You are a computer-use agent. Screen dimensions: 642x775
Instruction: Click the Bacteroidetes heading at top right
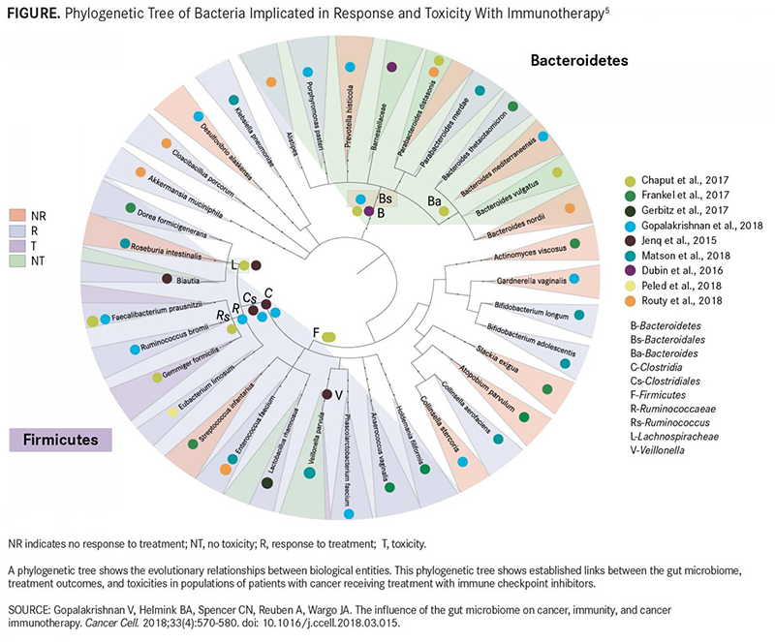[x=578, y=60]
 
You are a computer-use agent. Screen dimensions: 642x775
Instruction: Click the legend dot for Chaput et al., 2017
[x=629, y=180]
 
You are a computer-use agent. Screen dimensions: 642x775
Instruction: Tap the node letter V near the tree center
[x=339, y=394]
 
